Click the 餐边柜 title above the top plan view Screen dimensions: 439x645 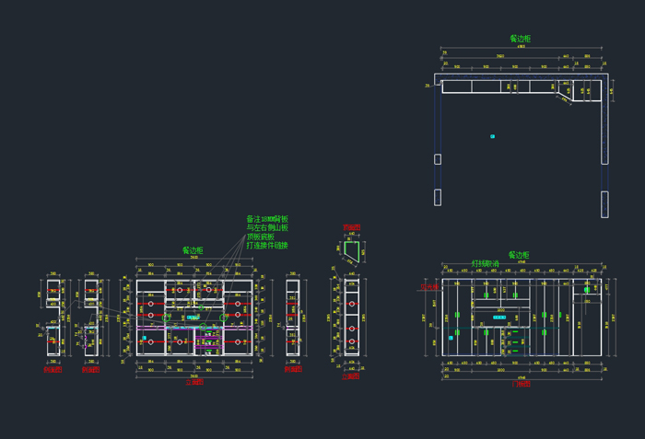[x=520, y=39]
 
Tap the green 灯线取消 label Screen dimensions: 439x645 [x=486, y=263]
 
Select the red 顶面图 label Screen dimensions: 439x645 [x=351, y=226]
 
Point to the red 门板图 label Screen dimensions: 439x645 [x=521, y=384]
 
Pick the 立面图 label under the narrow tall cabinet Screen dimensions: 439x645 [x=351, y=376]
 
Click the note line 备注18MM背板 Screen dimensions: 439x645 [x=267, y=219]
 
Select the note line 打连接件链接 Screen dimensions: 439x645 [x=267, y=246]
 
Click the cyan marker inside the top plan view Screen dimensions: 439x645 [x=493, y=136]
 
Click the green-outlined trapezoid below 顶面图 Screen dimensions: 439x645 [x=351, y=247]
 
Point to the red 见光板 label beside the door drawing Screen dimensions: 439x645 [x=429, y=287]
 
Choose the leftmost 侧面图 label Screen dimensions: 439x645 [x=53, y=370]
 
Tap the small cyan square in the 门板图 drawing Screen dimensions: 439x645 [x=451, y=338]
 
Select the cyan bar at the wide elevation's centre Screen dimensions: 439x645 [x=193, y=317]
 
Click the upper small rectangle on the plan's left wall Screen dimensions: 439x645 [x=438, y=159]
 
